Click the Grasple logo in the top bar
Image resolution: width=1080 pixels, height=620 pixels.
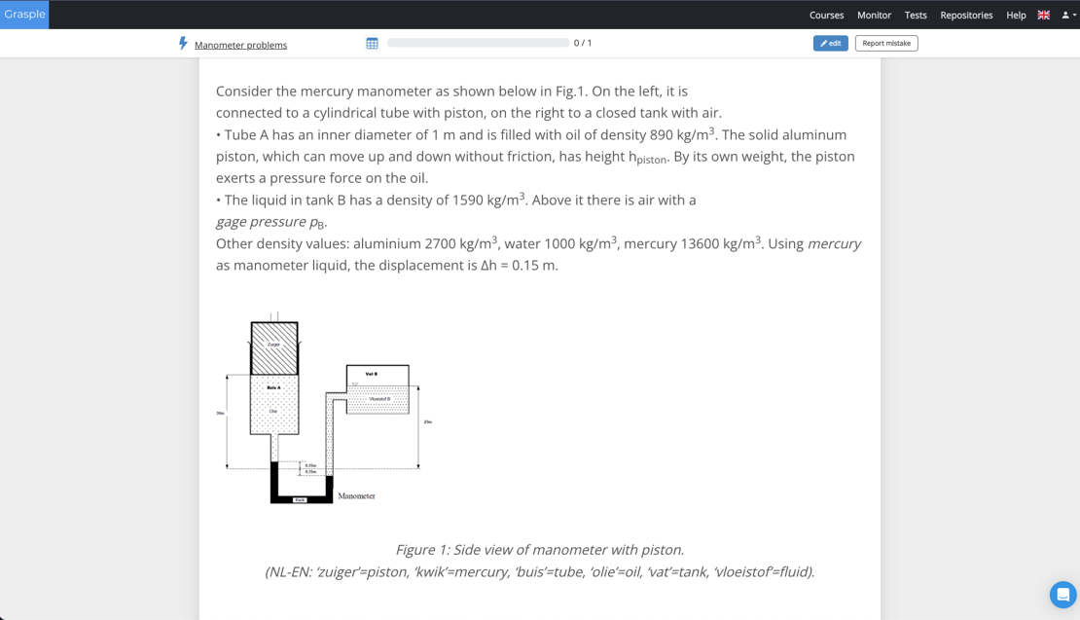coord(24,15)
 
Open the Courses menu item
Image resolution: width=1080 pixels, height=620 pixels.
coord(826,16)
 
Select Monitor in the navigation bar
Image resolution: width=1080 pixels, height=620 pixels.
coord(874,16)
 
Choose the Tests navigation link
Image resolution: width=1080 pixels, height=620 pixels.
coord(916,16)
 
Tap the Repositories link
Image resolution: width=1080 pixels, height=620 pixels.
coord(966,16)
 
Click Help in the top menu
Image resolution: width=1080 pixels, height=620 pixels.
coord(1016,16)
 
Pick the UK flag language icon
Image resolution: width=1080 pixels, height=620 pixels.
coord(1044,16)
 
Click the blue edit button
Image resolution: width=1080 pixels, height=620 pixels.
coord(830,43)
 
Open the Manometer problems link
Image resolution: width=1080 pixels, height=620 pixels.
coord(240,45)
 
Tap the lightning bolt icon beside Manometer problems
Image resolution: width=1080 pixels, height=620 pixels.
coord(183,44)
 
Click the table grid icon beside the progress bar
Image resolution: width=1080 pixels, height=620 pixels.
coord(372,43)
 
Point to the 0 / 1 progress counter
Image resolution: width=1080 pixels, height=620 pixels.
coord(583,43)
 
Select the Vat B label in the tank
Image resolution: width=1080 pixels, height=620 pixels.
coord(371,374)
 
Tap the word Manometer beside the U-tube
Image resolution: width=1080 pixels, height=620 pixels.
coord(356,496)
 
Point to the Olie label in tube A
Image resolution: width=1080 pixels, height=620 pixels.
coord(273,412)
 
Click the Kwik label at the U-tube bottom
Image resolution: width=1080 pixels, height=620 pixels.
coord(300,500)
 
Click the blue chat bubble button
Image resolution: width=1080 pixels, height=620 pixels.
coord(1062,594)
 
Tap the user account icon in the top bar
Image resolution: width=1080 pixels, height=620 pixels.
coord(1067,16)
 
